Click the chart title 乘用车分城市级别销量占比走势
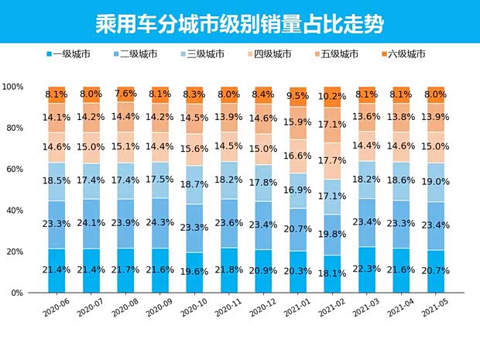point(240,21)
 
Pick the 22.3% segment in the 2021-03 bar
point(367,269)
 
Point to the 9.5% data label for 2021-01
point(298,97)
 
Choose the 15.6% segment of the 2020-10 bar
point(194,149)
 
